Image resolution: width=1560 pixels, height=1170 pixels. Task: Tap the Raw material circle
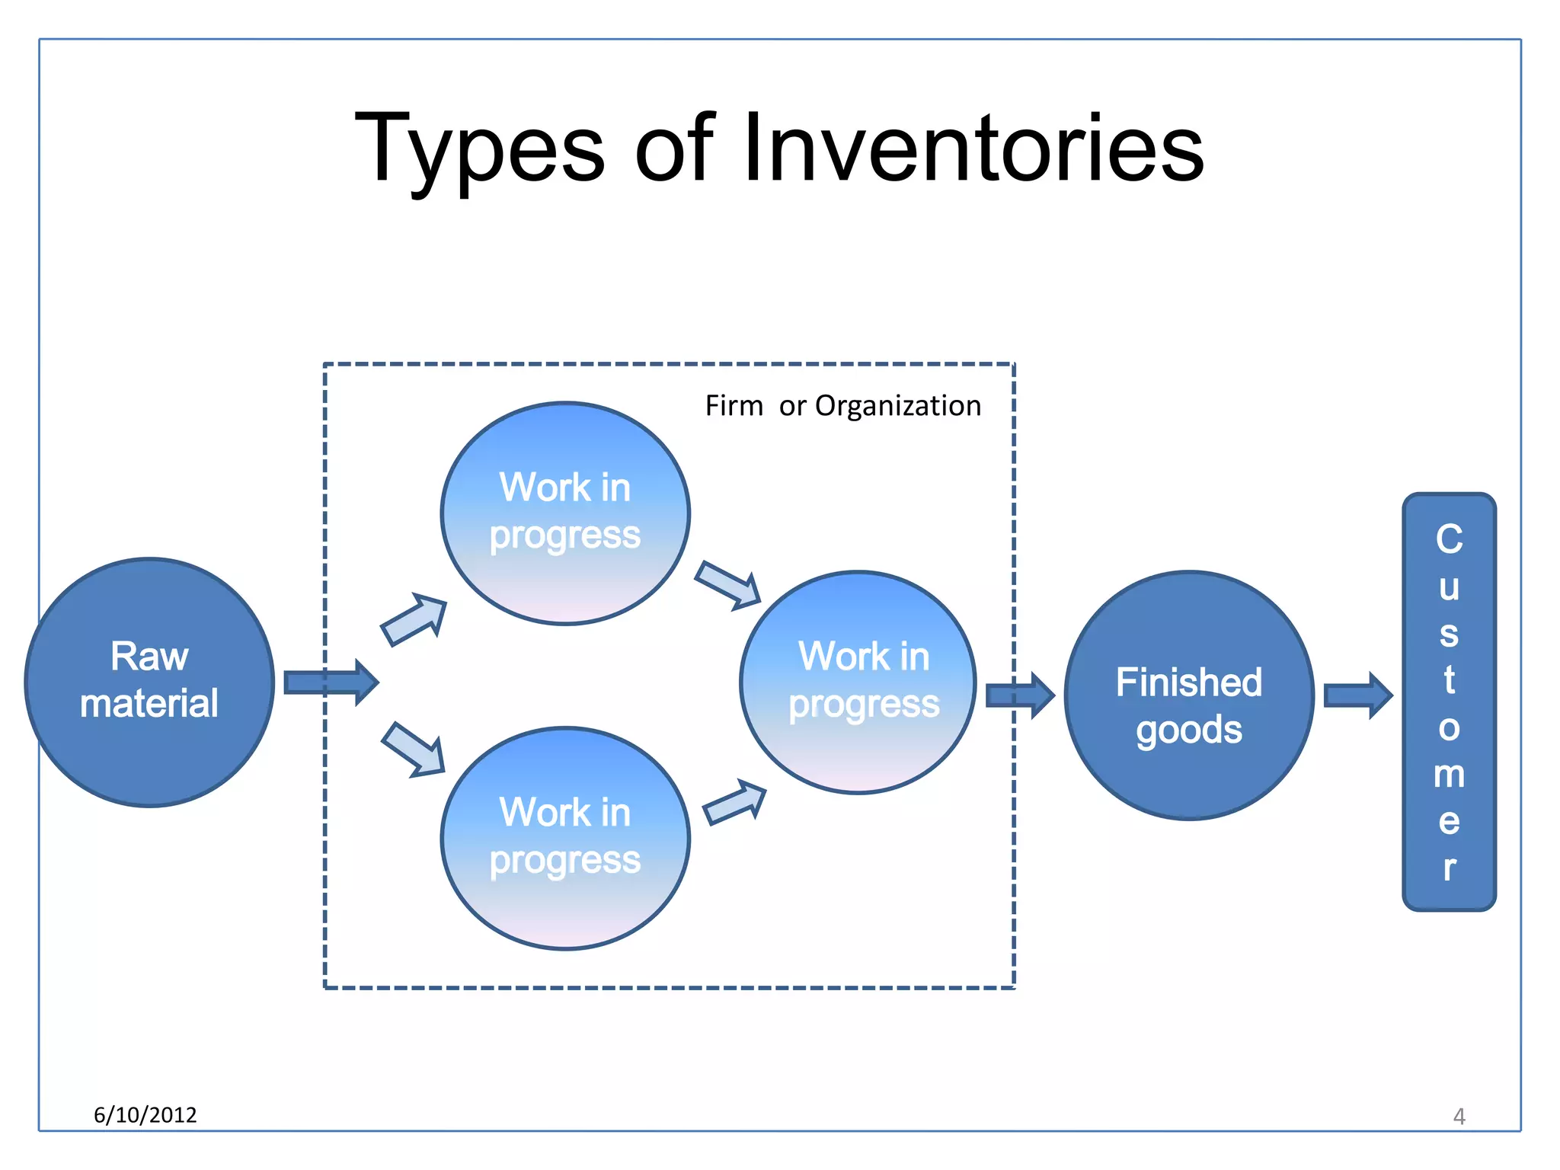click(149, 682)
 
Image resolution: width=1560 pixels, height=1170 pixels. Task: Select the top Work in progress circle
click(565, 513)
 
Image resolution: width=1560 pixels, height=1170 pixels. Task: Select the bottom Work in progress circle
click(565, 838)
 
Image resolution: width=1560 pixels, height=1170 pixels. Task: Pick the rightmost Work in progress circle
click(858, 682)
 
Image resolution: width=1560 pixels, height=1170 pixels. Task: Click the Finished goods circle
click(1188, 695)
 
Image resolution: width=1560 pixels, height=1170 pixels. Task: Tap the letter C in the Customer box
click(1449, 539)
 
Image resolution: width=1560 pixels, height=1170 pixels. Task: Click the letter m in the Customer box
click(1449, 775)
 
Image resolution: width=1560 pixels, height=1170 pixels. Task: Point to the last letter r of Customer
click(1449, 868)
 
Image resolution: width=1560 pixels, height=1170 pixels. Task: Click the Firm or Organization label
click(842, 406)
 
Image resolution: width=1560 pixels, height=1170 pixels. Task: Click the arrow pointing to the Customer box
click(1357, 695)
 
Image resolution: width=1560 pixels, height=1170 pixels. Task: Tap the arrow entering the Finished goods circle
click(1019, 695)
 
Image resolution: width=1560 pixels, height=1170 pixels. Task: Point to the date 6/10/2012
click(145, 1115)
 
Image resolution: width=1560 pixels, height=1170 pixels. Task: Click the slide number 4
click(1459, 1117)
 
